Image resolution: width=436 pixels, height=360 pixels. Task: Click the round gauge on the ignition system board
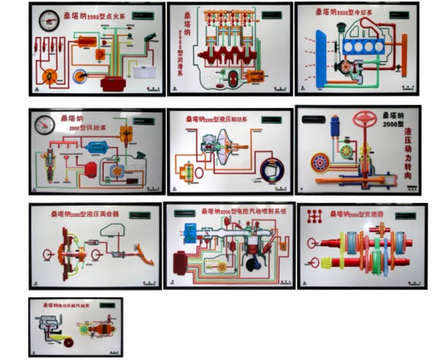(48, 20)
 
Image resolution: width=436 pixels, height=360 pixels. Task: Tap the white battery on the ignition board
(142, 71)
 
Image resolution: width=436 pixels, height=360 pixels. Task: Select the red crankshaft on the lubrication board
(226, 57)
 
